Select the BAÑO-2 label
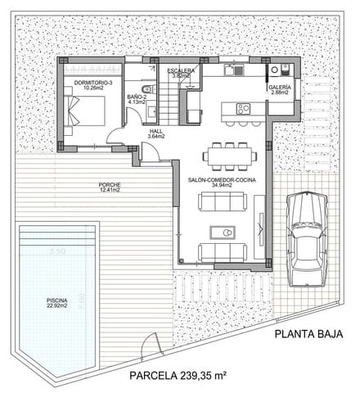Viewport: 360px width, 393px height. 137,97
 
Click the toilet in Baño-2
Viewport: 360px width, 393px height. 144,88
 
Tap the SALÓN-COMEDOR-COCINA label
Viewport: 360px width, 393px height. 219,180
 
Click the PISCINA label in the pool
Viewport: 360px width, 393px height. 56,301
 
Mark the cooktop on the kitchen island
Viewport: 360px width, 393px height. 242,108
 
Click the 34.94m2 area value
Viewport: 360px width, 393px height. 219,186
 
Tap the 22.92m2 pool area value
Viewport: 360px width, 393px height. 56,307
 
